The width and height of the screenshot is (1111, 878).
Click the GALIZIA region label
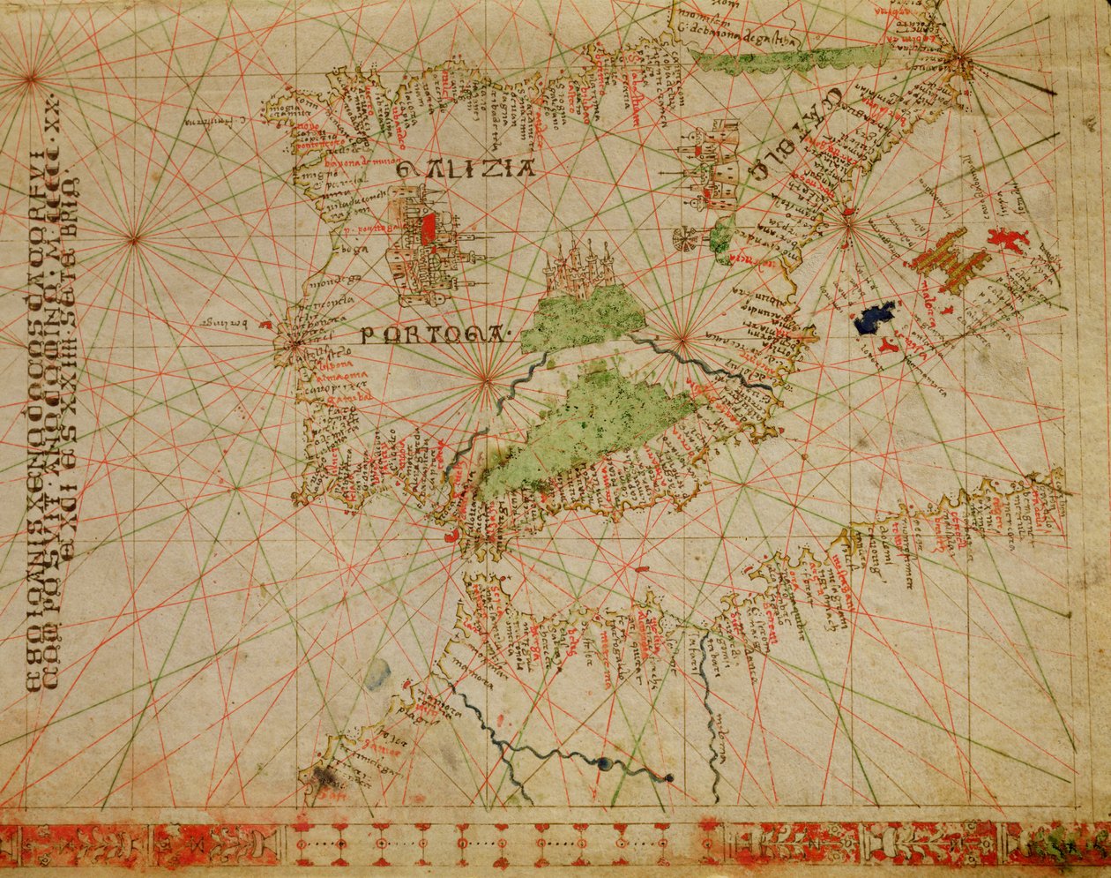pos(465,168)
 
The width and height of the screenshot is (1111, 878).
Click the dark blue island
pos(874,318)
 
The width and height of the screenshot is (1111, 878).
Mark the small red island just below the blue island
pos(889,346)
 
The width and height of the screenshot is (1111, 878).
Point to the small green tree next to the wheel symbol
pos(721,238)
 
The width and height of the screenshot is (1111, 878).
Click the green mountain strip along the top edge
pos(776,59)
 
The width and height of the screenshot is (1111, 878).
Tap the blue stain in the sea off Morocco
pos(377,672)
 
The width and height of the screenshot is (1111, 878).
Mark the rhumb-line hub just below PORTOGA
pos(485,380)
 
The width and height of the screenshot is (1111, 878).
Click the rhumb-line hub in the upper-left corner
pos(32,79)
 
